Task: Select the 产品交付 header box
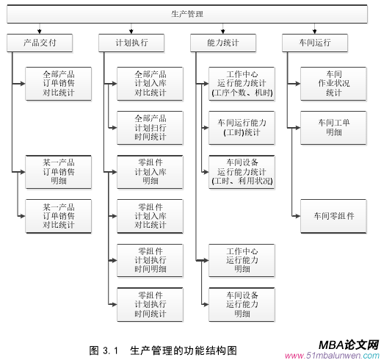pyautogui.click(x=40, y=43)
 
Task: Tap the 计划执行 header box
pyautogui.click(x=132, y=43)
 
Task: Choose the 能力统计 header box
pyautogui.click(x=223, y=43)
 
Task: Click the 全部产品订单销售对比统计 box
pyautogui.click(x=58, y=83)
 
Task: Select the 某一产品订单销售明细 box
pyautogui.click(x=58, y=170)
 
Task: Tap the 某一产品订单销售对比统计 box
pyautogui.click(x=58, y=215)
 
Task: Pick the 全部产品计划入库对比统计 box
pyautogui.click(x=150, y=83)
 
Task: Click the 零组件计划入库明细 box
pyautogui.click(x=150, y=170)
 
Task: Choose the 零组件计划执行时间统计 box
pyautogui.click(x=150, y=304)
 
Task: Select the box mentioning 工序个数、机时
pyautogui.click(x=242, y=83)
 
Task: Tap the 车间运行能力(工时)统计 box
pyautogui.click(x=242, y=127)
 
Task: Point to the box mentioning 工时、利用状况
pyautogui.click(x=242, y=170)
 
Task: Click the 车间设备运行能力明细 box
pyautogui.click(x=242, y=304)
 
